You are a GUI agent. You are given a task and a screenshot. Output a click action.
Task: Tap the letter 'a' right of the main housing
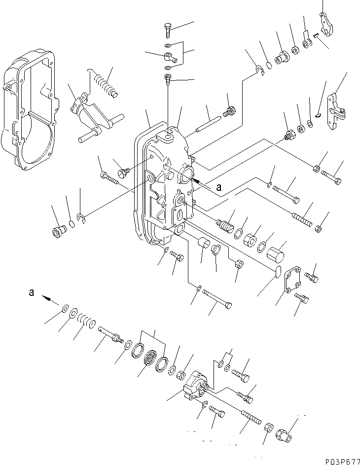pos(218,187)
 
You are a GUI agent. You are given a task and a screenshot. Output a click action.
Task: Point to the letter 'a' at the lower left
pos(32,292)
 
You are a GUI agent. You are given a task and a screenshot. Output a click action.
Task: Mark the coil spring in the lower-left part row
pos(88,322)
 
